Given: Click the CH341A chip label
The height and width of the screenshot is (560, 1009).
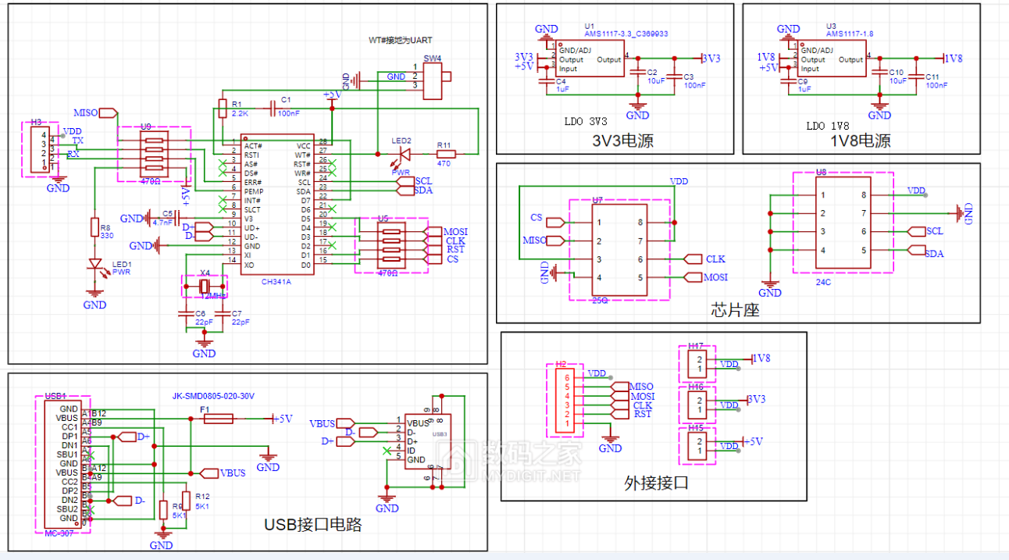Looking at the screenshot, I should pos(276,282).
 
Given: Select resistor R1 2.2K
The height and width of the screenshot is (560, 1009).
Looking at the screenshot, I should pos(223,109).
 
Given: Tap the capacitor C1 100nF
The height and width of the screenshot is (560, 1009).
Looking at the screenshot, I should pos(273,109).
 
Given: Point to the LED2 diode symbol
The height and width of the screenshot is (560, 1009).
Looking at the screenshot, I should pos(404,154).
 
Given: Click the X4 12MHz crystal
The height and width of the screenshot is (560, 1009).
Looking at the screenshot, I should pos(205,288).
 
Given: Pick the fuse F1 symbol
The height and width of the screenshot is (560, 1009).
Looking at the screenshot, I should pos(217,419).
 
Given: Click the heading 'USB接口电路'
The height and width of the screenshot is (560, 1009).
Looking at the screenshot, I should pos(312,524).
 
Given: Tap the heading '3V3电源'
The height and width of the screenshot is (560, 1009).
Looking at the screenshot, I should pos(622,141).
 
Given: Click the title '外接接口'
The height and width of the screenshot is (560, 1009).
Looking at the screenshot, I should pos(657,483).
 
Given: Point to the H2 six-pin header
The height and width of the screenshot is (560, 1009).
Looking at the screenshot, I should pos(561,400).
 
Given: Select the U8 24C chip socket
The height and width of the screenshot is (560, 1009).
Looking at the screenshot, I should pos(843,223).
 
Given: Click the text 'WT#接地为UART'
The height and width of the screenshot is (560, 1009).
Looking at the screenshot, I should pos(400,40).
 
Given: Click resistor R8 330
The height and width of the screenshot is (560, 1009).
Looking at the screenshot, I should pos(95,230).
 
